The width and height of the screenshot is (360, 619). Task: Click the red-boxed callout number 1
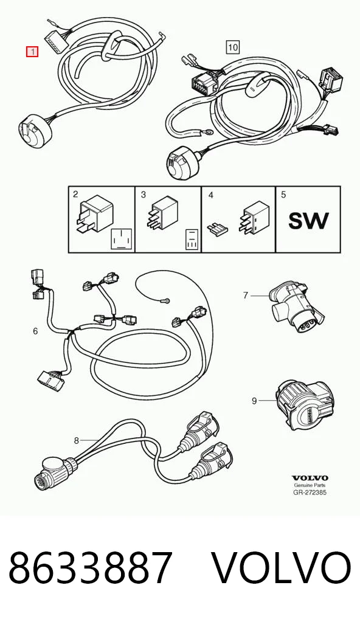tap(32, 51)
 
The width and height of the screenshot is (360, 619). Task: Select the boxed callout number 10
tap(233, 47)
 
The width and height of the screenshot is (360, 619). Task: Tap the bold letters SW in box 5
tap(308, 221)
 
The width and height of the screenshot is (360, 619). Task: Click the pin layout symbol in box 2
tap(120, 239)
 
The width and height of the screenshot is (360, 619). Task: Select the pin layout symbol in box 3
tap(191, 240)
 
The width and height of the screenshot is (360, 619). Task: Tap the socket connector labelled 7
tap(296, 305)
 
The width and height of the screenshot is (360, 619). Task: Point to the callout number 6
tap(35, 331)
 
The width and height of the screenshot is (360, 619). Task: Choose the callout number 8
tap(77, 440)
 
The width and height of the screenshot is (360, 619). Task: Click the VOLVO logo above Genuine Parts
tap(310, 478)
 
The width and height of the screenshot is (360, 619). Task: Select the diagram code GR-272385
tap(310, 493)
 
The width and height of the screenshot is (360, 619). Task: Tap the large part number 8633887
tap(91, 568)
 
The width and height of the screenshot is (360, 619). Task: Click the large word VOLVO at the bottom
tap(281, 568)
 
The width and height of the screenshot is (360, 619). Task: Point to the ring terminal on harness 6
tap(167, 301)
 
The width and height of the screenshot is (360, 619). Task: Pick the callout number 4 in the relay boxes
tap(211, 195)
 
